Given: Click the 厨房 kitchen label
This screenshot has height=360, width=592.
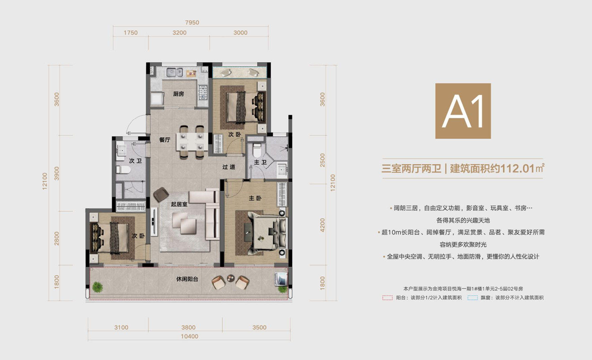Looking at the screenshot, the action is pyautogui.click(x=178, y=94).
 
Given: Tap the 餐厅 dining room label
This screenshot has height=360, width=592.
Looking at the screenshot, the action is pyautogui.click(x=165, y=140).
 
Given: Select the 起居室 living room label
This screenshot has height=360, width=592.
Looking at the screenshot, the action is pyautogui.click(x=179, y=204).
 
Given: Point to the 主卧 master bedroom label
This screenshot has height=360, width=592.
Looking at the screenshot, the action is pyautogui.click(x=255, y=198).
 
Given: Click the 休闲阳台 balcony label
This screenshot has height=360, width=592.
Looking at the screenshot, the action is pyautogui.click(x=187, y=279).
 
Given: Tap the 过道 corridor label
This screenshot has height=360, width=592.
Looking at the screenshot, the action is pyautogui.click(x=229, y=167).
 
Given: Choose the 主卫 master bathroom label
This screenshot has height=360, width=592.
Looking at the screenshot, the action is pyautogui.click(x=260, y=162).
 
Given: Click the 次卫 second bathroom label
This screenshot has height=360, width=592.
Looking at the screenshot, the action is pyautogui.click(x=135, y=161).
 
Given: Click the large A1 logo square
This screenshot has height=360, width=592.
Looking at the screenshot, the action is pyautogui.click(x=463, y=111).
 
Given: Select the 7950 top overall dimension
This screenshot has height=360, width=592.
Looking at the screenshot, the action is pyautogui.click(x=192, y=22).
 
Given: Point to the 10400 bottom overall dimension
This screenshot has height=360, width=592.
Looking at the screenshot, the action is pyautogui.click(x=189, y=336).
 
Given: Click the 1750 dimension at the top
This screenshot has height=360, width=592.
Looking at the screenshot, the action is pyautogui.click(x=130, y=33).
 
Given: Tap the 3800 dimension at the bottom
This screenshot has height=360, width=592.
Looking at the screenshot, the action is pyautogui.click(x=188, y=327).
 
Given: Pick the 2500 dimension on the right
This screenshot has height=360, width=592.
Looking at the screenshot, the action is pyautogui.click(x=323, y=160).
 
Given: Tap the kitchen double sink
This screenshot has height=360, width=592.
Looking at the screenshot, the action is pyautogui.click(x=175, y=72).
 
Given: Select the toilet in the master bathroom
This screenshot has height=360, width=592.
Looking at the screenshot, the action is pyautogui.click(x=257, y=150).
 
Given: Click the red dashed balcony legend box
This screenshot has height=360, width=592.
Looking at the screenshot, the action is pyautogui.click(x=387, y=298).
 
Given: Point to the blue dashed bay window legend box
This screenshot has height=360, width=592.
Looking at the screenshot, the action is pyautogui.click(x=472, y=298).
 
